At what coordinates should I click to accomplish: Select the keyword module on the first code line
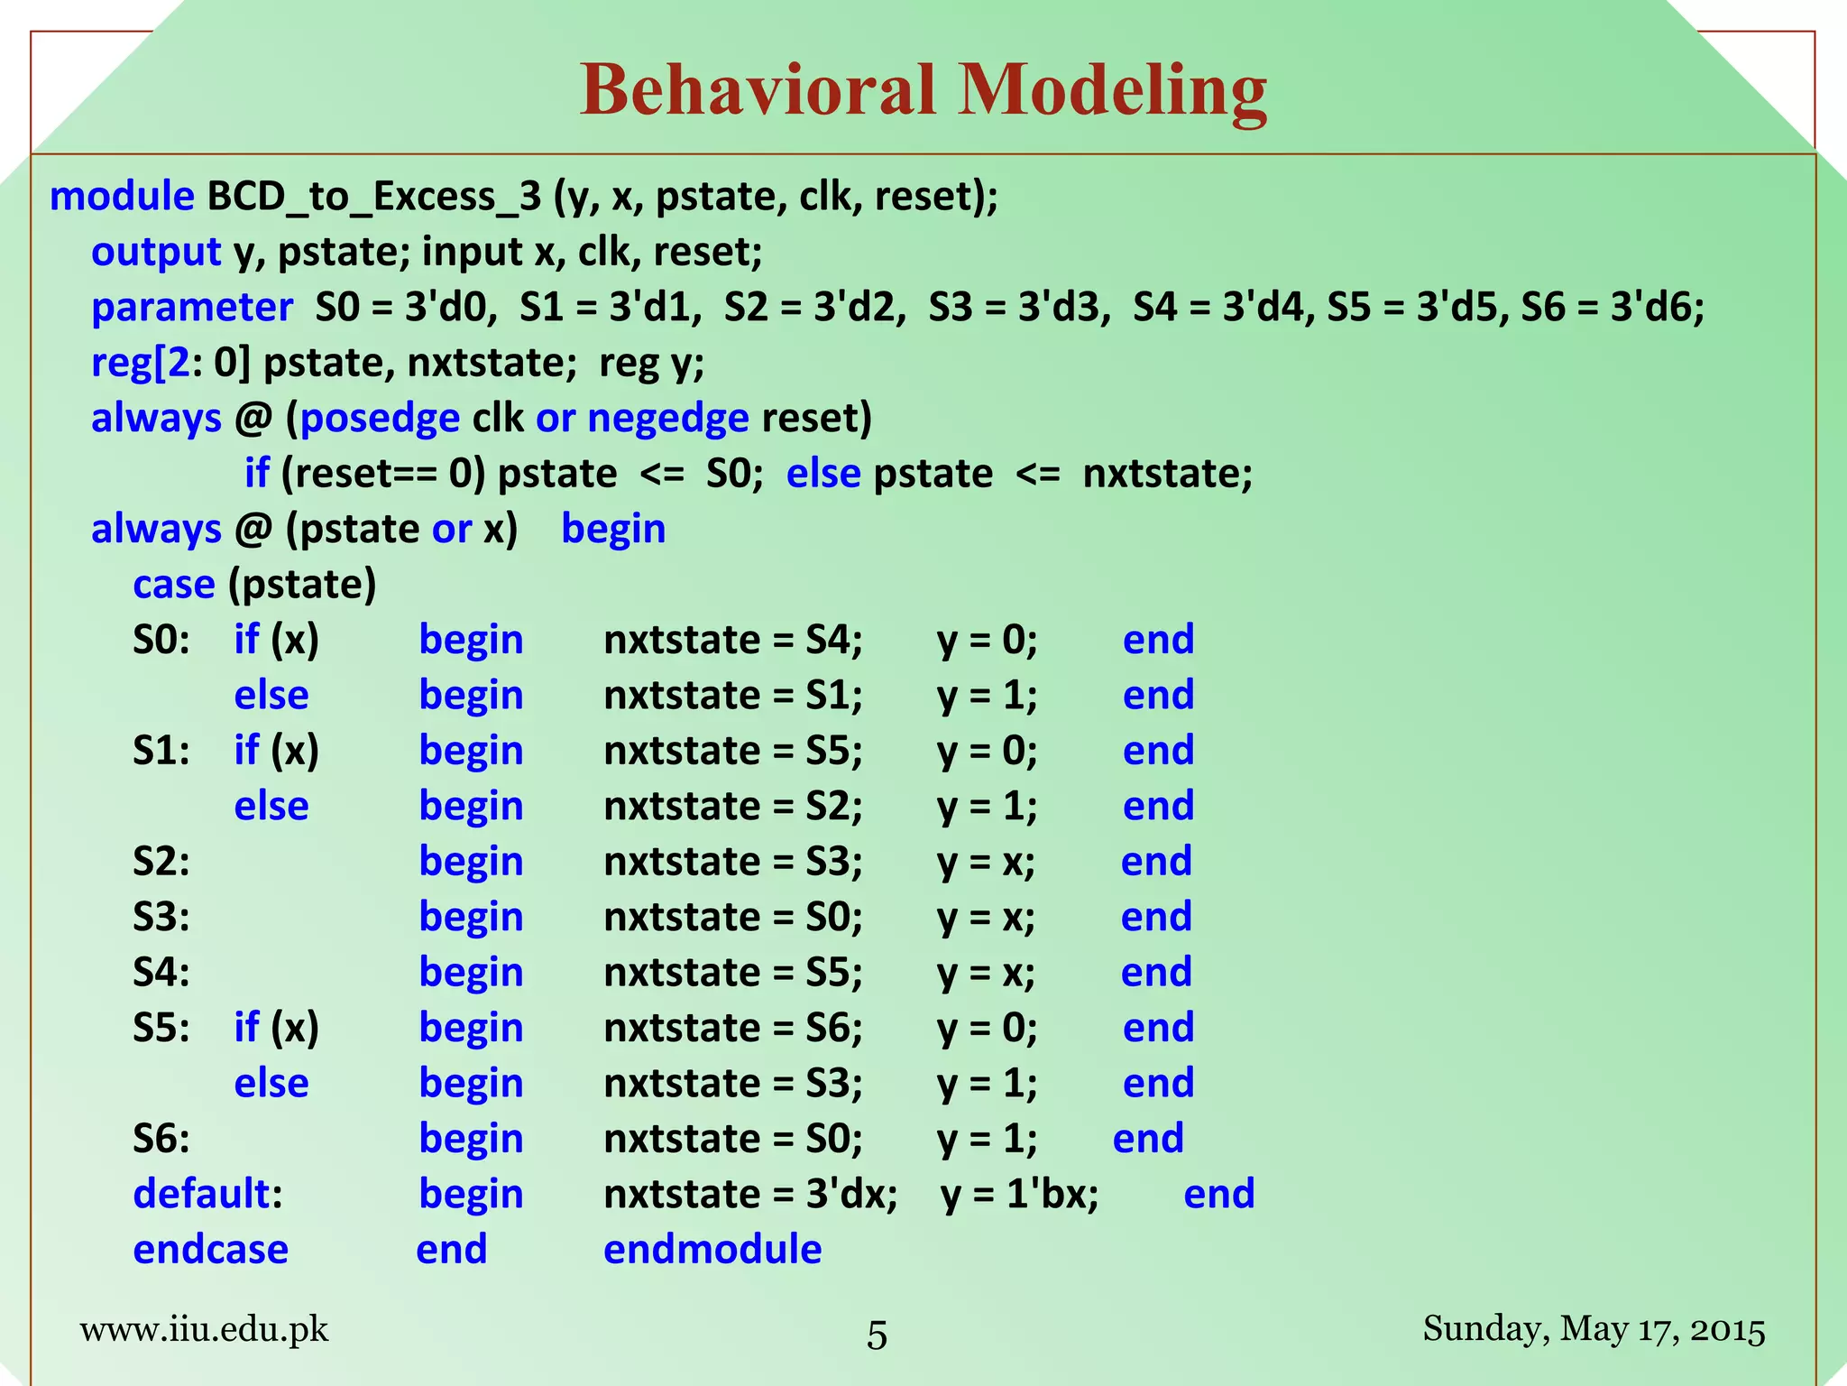(x=122, y=196)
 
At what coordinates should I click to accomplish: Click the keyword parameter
(x=192, y=308)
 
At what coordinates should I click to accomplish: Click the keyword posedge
(x=380, y=419)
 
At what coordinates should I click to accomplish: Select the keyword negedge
(x=668, y=419)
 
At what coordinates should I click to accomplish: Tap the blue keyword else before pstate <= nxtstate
(x=822, y=474)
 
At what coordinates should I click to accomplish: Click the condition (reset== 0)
(x=384, y=474)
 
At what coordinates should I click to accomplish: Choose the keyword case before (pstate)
(x=174, y=585)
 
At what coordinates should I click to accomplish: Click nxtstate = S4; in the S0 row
(x=733, y=640)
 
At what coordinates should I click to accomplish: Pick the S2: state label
(x=161, y=862)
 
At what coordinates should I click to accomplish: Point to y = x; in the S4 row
(x=986, y=973)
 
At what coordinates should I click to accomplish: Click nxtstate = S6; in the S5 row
(x=733, y=1028)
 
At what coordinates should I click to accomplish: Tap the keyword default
(x=201, y=1194)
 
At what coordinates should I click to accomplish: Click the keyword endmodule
(x=712, y=1250)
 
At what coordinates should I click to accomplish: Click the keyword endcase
(x=210, y=1250)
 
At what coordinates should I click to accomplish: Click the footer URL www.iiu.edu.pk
(x=204, y=1329)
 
